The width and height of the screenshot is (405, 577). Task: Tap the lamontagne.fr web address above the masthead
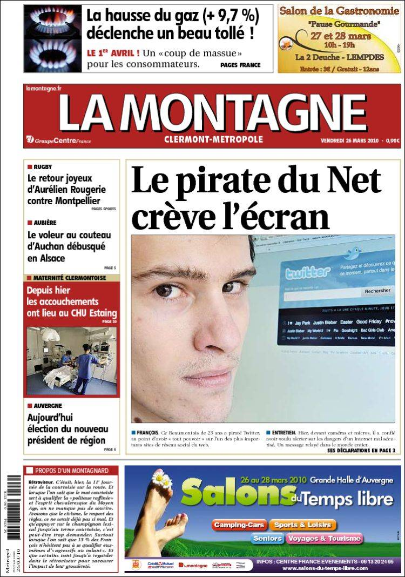coord(44,88)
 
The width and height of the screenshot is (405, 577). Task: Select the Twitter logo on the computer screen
coord(308,272)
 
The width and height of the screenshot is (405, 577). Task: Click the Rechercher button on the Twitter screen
coord(377,291)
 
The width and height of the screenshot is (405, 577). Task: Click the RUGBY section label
coord(42,167)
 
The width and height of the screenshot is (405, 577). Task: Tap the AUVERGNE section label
coord(48,406)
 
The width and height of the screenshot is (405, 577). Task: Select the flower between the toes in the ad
coord(161,479)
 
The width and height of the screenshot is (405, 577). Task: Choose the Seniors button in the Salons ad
coord(267,539)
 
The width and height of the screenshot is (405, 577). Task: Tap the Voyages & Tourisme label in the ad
coord(324,539)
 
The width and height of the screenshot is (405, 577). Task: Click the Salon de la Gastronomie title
coord(339,10)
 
